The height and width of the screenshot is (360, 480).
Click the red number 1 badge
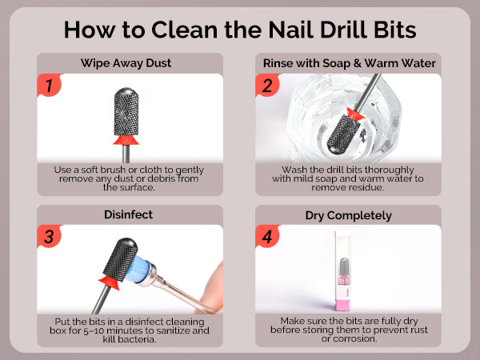click(x=49, y=85)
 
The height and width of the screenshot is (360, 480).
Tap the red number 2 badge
click(x=267, y=85)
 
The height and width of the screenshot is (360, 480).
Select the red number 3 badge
click(x=49, y=236)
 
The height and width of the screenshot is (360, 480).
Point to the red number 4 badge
click(x=267, y=236)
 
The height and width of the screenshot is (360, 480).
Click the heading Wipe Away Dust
click(x=126, y=63)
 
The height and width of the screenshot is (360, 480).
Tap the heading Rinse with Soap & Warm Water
click(x=350, y=63)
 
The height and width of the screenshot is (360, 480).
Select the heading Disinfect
click(x=128, y=214)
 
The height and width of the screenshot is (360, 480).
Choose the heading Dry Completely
click(x=348, y=215)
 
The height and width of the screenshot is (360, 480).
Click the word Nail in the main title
click(x=291, y=30)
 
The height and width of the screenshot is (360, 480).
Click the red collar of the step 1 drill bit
click(x=126, y=140)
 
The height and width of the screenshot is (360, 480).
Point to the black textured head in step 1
click(x=126, y=111)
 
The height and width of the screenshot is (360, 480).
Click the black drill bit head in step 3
click(x=120, y=259)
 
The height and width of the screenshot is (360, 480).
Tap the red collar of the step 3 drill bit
click(x=109, y=282)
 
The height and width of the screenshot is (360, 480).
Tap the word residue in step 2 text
click(x=363, y=187)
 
